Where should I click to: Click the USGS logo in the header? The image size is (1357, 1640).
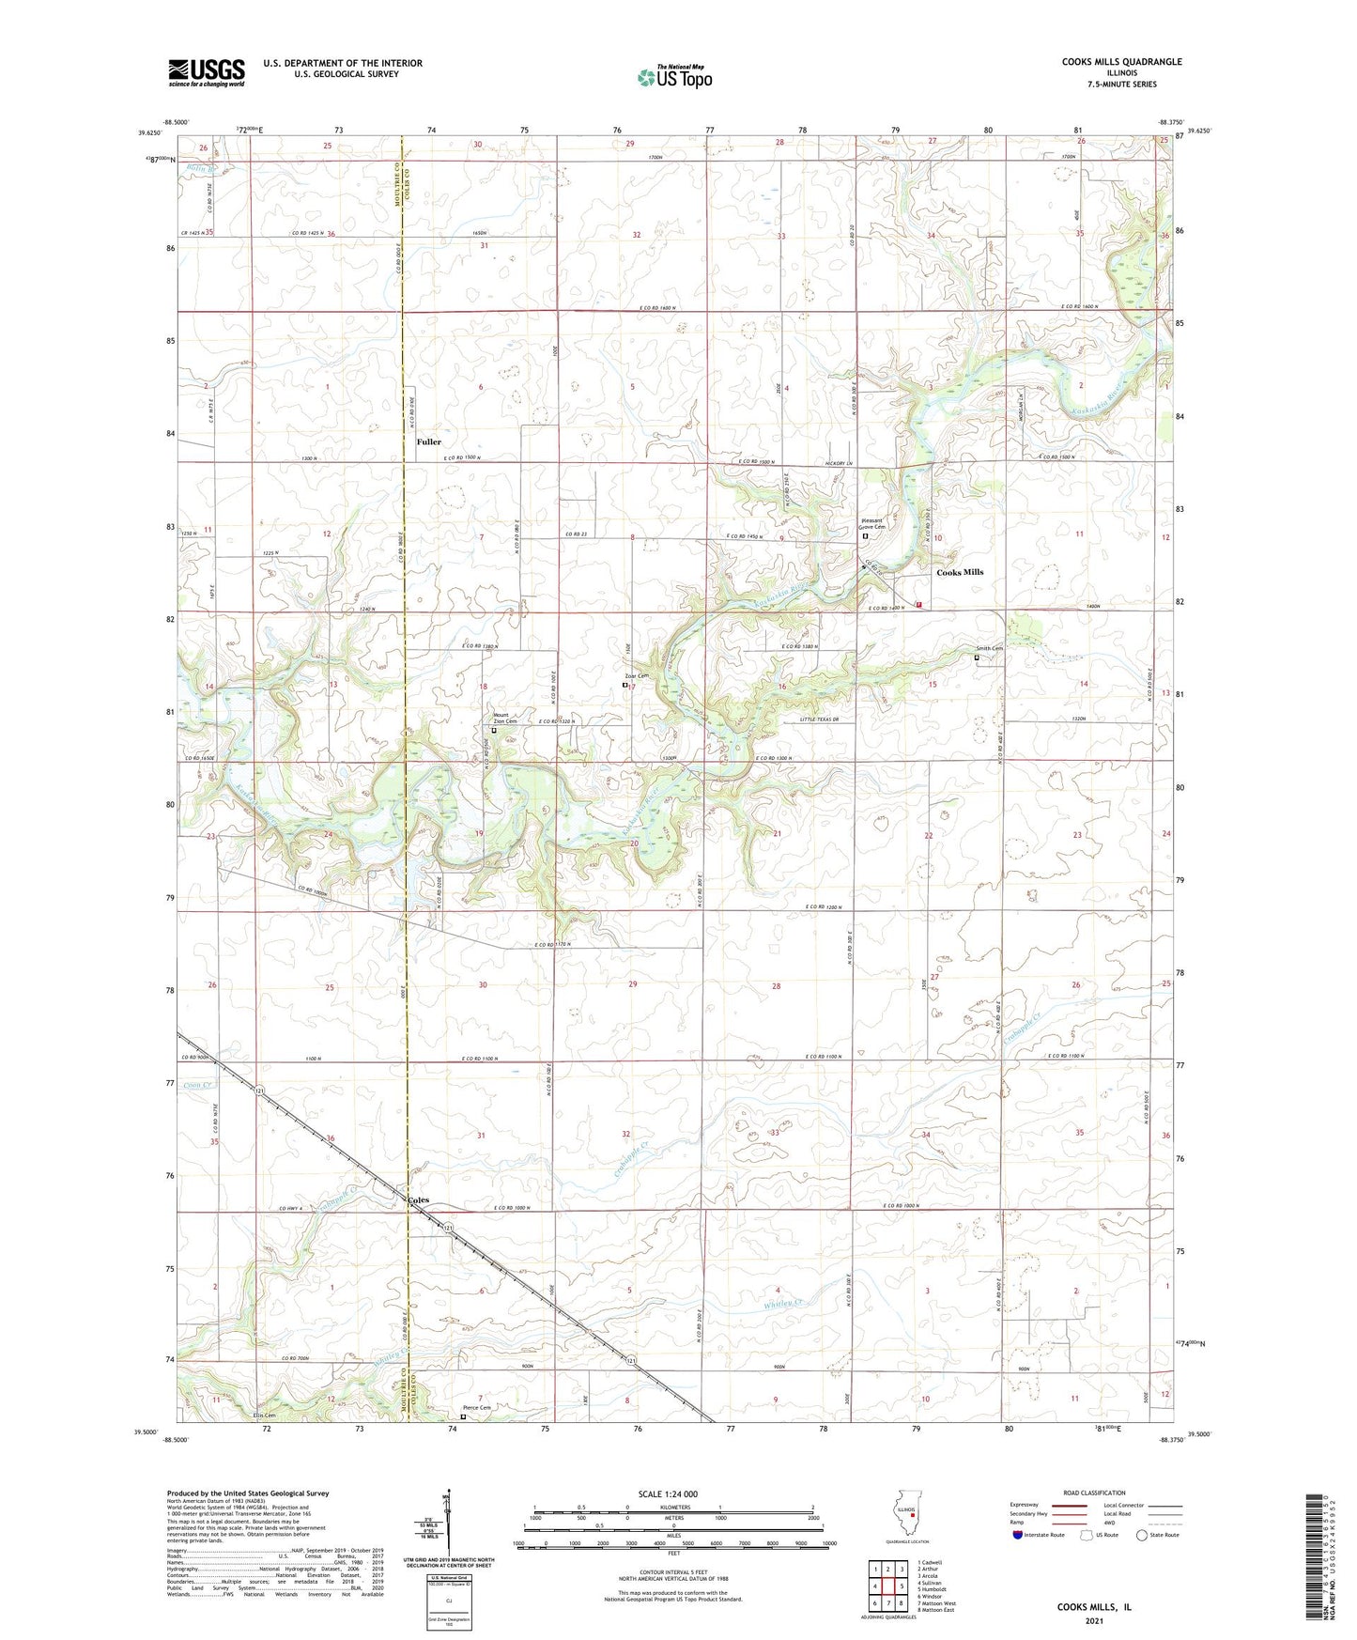point(207,72)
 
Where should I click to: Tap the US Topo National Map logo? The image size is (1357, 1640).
point(674,77)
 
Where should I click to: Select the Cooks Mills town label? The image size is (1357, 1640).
point(960,572)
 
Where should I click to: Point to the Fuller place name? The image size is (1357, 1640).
point(428,441)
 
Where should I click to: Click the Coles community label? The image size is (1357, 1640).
point(418,1199)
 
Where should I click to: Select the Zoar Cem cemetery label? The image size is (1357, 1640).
point(637,676)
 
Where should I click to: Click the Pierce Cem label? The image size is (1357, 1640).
point(477,1408)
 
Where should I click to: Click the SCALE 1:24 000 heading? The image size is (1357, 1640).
point(668,1493)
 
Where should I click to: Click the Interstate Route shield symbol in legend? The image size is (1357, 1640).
point(1018,1535)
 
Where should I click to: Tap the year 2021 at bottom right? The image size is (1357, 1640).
point(1094,1620)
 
